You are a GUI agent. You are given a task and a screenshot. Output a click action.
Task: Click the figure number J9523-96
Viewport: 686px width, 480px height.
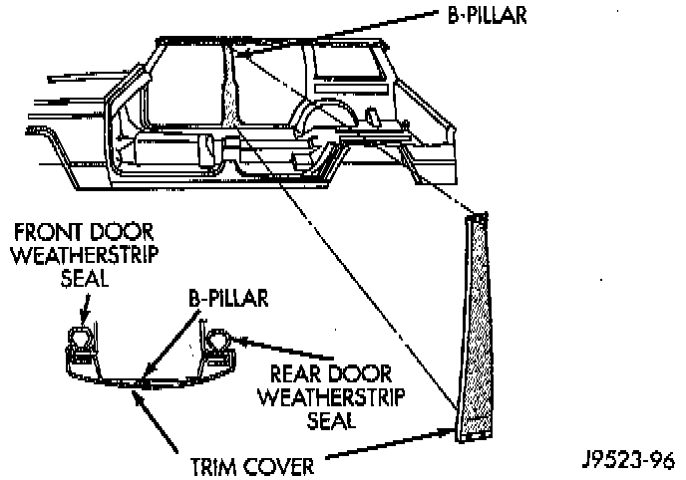pyautogui.click(x=629, y=460)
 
